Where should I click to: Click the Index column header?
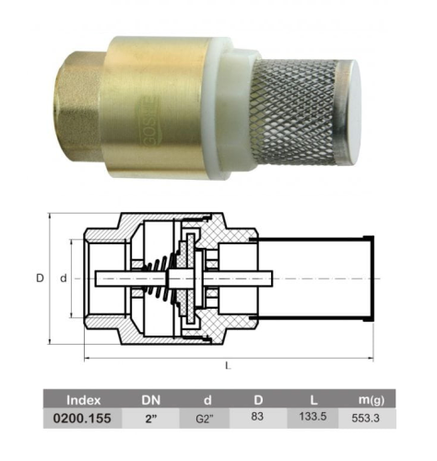point(83,400)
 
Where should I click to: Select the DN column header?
point(151,400)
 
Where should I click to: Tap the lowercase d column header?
point(207,400)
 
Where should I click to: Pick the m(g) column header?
point(372,400)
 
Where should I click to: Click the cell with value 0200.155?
point(82,419)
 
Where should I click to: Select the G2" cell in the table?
point(205,419)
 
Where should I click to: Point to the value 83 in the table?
point(257,417)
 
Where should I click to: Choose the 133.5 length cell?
point(313,417)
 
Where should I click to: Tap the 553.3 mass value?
point(365,418)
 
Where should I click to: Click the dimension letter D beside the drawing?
point(40,278)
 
